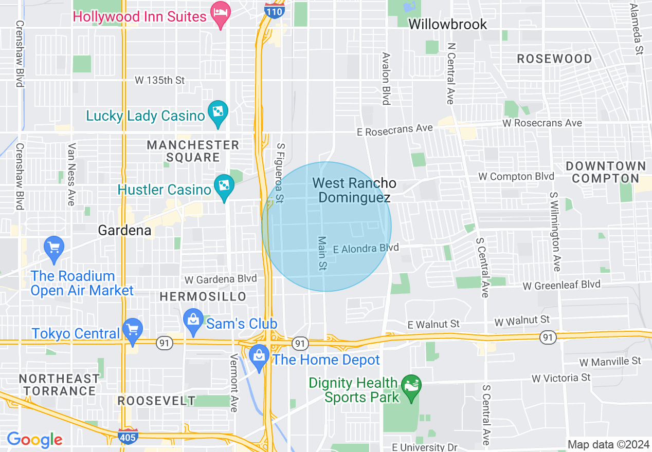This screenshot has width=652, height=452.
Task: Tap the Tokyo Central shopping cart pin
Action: [x=133, y=330]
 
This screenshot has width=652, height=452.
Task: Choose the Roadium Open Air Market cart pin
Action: [x=53, y=247]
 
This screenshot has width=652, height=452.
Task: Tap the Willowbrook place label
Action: [x=447, y=24]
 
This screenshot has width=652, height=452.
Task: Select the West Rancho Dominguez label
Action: [x=354, y=190]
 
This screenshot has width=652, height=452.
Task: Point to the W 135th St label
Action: [x=159, y=80]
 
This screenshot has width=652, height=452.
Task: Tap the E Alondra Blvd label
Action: [x=366, y=249]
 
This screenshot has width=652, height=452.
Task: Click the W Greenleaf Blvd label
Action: [x=562, y=285]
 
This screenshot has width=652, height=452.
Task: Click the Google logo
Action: [x=34, y=439]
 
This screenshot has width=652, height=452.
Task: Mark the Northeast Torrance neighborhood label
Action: [x=59, y=385]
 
